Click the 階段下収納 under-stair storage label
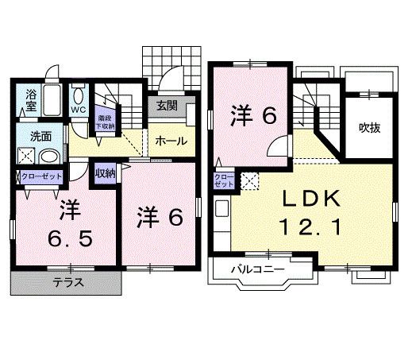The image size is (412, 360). tap(105, 121)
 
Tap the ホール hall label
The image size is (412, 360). tap(171, 141)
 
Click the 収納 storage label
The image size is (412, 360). tap(106, 172)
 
